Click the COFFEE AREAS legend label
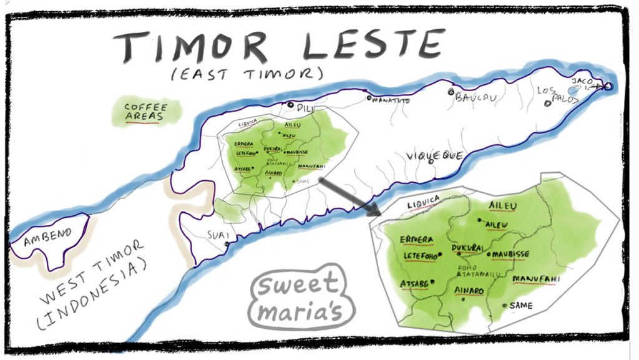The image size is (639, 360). point(145,112)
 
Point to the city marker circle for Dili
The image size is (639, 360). point(290,105)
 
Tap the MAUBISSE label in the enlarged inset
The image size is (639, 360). point(510,255)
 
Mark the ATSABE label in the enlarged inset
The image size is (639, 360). point(414,285)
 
